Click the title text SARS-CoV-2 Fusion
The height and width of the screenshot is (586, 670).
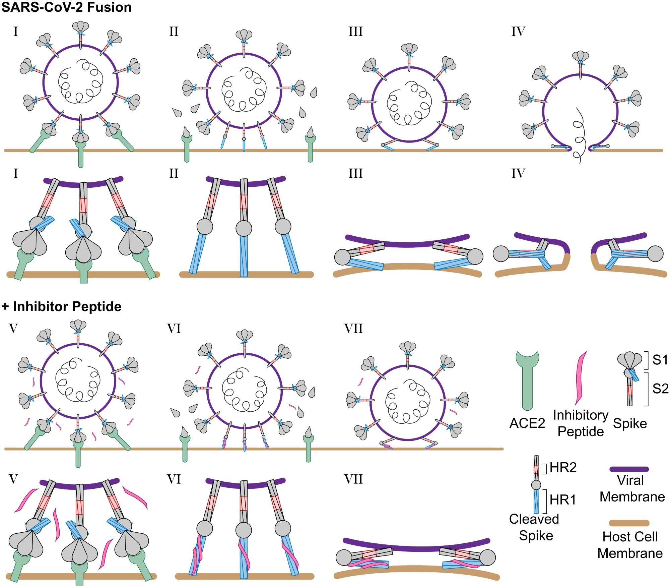tap(66, 7)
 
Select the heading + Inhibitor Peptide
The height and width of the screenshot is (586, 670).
tap(61, 306)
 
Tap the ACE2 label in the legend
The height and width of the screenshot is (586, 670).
tap(527, 423)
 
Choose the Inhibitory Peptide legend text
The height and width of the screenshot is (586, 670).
tap(581, 423)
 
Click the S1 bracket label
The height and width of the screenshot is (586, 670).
tap(660, 360)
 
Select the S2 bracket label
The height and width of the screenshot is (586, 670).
tap(660, 389)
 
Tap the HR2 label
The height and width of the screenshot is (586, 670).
tap(563, 468)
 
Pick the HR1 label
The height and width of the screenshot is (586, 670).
tap(563, 500)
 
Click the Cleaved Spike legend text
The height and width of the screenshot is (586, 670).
tap(535, 527)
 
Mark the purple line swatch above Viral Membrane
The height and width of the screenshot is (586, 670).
tap(629, 469)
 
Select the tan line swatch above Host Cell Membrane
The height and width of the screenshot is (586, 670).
tap(629, 523)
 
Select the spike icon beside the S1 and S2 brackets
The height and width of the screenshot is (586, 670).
tap(630, 379)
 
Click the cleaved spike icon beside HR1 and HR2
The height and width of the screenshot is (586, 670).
tap(536, 484)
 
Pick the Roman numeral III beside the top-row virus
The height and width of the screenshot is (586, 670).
tap(355, 32)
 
